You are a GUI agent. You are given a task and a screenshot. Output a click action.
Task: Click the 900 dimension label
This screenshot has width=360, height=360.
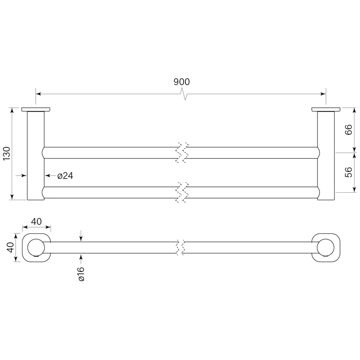click(182, 82)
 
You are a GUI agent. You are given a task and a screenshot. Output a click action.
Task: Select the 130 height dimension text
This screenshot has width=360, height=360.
click(7, 153)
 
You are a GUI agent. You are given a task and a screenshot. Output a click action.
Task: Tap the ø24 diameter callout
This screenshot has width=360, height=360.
click(65, 176)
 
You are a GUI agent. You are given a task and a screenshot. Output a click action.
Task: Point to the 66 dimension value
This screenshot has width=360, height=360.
click(348, 129)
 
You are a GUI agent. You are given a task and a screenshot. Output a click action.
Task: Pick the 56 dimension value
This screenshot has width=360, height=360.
click(348, 172)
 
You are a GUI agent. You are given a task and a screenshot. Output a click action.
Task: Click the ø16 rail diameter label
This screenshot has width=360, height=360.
click(81, 274)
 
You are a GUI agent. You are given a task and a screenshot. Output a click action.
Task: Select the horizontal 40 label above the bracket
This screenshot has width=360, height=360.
click(36, 221)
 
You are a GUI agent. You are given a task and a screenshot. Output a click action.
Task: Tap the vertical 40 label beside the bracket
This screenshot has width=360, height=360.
click(11, 247)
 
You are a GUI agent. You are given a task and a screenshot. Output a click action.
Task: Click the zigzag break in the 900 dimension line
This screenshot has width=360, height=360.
click(185, 94)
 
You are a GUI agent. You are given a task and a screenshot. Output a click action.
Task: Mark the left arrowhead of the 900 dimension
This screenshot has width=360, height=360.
click(38, 94)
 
